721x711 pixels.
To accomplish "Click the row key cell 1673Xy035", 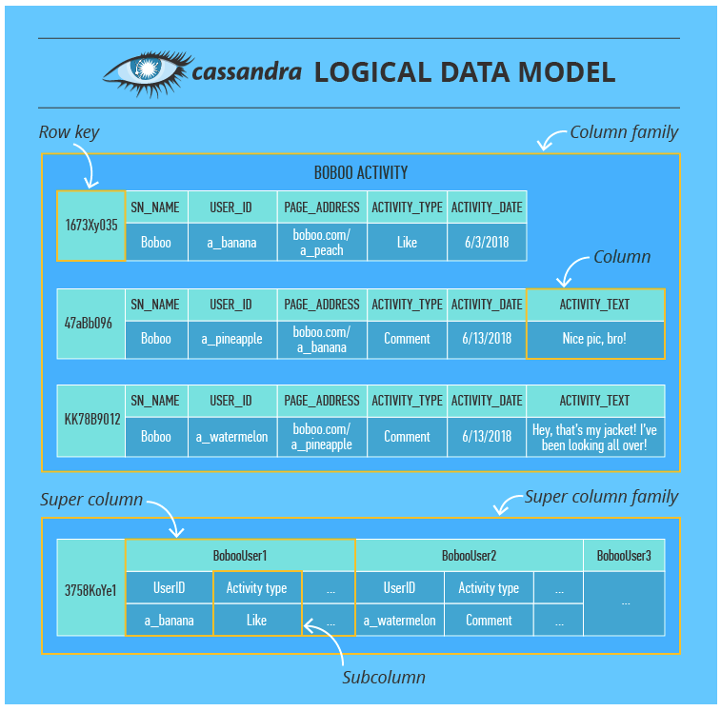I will click(91, 226).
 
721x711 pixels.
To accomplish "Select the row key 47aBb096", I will click(89, 323).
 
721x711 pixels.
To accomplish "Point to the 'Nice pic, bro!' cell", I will click(594, 339).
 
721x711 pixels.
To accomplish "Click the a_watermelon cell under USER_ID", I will click(232, 437).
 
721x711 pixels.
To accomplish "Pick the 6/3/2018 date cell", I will click(487, 242).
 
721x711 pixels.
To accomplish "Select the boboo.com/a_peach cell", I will click(322, 242).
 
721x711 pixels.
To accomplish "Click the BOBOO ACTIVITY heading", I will click(360, 173).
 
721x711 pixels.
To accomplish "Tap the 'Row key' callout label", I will click(69, 132).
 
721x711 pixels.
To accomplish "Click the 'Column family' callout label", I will click(624, 132).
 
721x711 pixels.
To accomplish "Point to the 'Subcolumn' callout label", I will click(384, 678).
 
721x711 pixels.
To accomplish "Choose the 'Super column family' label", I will click(601, 497).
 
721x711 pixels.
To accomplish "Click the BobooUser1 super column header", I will click(239, 555).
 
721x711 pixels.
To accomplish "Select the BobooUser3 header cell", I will click(624, 555).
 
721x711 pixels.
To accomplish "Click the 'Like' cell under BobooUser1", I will click(257, 621).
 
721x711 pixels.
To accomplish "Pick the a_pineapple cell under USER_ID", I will click(232, 339).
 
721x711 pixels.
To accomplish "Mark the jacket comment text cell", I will click(594, 437).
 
